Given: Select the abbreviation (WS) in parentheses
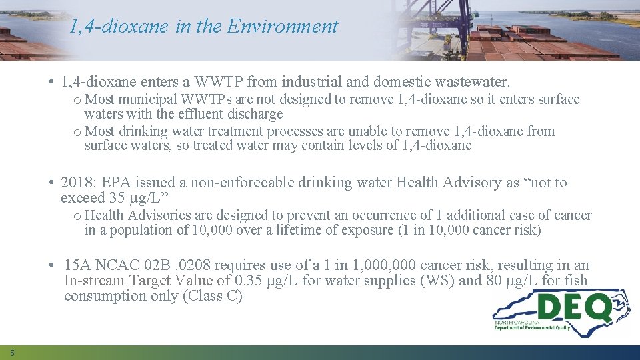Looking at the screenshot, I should [436, 281].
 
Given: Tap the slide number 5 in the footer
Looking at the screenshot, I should [12, 352].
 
